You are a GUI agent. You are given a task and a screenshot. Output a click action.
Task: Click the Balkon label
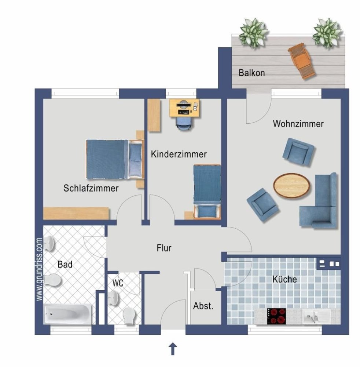pos(251,73)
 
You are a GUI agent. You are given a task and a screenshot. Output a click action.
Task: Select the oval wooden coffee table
pos(291,185)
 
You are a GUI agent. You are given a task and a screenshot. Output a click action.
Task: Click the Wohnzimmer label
pos(298,124)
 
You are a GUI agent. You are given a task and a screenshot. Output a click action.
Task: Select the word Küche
pos(284,279)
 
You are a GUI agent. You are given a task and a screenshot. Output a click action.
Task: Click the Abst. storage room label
pos(203,306)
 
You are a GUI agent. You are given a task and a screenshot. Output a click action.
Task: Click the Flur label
pos(164,248)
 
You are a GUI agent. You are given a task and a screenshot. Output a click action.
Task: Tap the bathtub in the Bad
pos(67,314)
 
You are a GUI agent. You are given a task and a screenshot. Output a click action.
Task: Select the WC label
pos(118,283)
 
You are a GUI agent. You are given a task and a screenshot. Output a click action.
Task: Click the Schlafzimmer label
pos(91,189)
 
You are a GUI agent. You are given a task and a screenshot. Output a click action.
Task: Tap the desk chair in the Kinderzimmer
pos(184,123)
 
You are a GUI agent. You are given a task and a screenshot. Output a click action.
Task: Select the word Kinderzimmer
pos(179,155)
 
